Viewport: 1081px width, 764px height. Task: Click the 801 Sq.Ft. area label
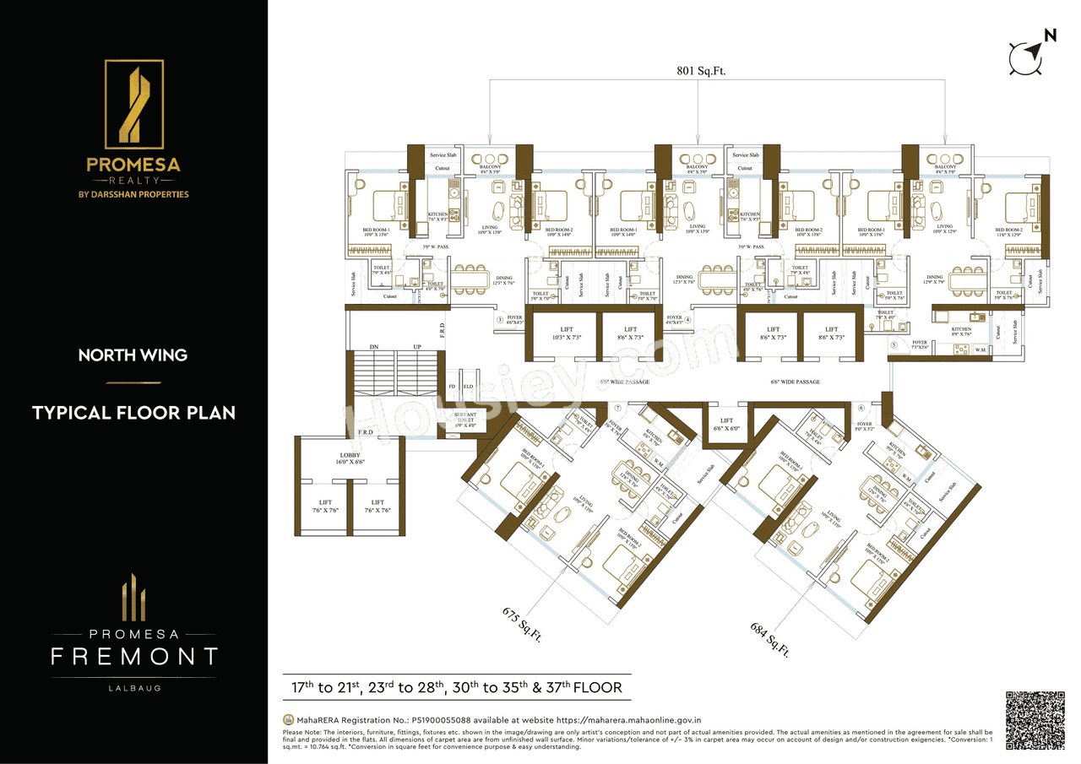pyautogui.click(x=700, y=72)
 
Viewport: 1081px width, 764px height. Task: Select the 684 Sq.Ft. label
pyautogui.click(x=769, y=638)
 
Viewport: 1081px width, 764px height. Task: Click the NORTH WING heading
pyautogui.click(x=133, y=355)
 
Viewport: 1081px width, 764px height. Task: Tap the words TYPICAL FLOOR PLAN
pyautogui.click(x=133, y=413)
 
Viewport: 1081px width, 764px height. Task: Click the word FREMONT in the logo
pyautogui.click(x=134, y=656)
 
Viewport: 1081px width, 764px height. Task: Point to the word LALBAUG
pyautogui.click(x=133, y=688)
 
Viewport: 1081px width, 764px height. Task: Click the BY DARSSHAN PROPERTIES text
pyautogui.click(x=133, y=194)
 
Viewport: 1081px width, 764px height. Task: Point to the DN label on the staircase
pyautogui.click(x=373, y=347)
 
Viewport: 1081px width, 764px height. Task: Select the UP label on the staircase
pyautogui.click(x=416, y=347)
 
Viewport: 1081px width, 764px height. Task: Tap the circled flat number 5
pyautogui.click(x=894, y=345)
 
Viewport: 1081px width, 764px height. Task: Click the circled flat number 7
pyautogui.click(x=617, y=408)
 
